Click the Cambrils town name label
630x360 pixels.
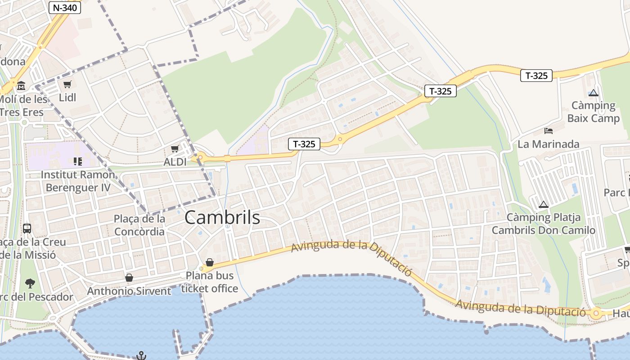click(x=222, y=218)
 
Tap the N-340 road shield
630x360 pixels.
click(x=65, y=7)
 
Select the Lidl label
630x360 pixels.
click(x=67, y=97)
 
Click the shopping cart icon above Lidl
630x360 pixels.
click(x=67, y=84)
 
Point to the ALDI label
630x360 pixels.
click(x=175, y=162)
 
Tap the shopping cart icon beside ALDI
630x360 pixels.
click(x=175, y=149)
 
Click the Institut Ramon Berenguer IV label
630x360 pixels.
click(x=78, y=180)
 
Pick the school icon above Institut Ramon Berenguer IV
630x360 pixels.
click(x=77, y=161)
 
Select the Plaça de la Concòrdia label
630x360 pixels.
click(x=139, y=225)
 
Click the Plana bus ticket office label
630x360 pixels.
click(x=210, y=282)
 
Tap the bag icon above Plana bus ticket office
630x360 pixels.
click(x=209, y=262)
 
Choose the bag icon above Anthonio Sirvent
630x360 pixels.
click(x=129, y=278)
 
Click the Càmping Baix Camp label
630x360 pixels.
click(x=594, y=112)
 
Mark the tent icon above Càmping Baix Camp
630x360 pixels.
click(x=594, y=93)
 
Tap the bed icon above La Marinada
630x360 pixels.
click(x=549, y=131)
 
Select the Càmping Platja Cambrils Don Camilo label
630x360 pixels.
click(x=544, y=224)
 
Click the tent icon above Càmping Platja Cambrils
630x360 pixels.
click(x=544, y=204)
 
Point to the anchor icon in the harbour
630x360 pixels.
click(x=141, y=355)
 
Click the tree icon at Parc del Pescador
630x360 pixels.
click(x=30, y=283)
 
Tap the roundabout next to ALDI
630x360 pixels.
click(x=200, y=157)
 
